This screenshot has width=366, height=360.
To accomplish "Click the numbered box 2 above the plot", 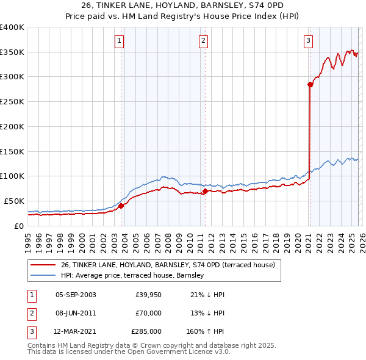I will (203, 41).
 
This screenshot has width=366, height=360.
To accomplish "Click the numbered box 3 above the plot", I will (308, 41).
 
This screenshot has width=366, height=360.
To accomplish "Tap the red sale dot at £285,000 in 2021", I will (310, 85).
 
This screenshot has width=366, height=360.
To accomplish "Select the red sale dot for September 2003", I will (121, 206).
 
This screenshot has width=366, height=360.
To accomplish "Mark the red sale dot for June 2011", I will (205, 191).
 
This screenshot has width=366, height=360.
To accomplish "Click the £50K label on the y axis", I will (14, 201).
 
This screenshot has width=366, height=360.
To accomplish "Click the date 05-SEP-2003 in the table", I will (76, 295).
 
